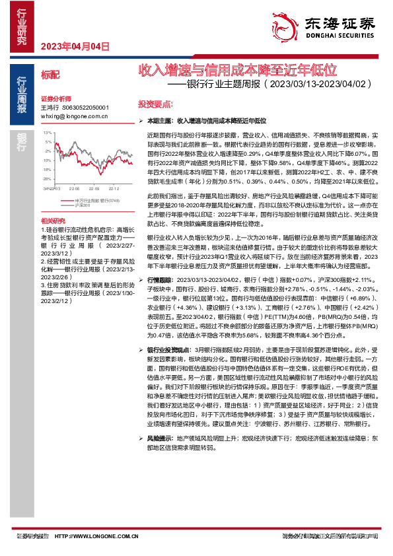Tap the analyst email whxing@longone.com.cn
(x=75, y=115)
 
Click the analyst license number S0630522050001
(x=85, y=107)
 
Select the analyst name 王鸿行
(x=50, y=107)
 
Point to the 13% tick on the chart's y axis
(x=48, y=133)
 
